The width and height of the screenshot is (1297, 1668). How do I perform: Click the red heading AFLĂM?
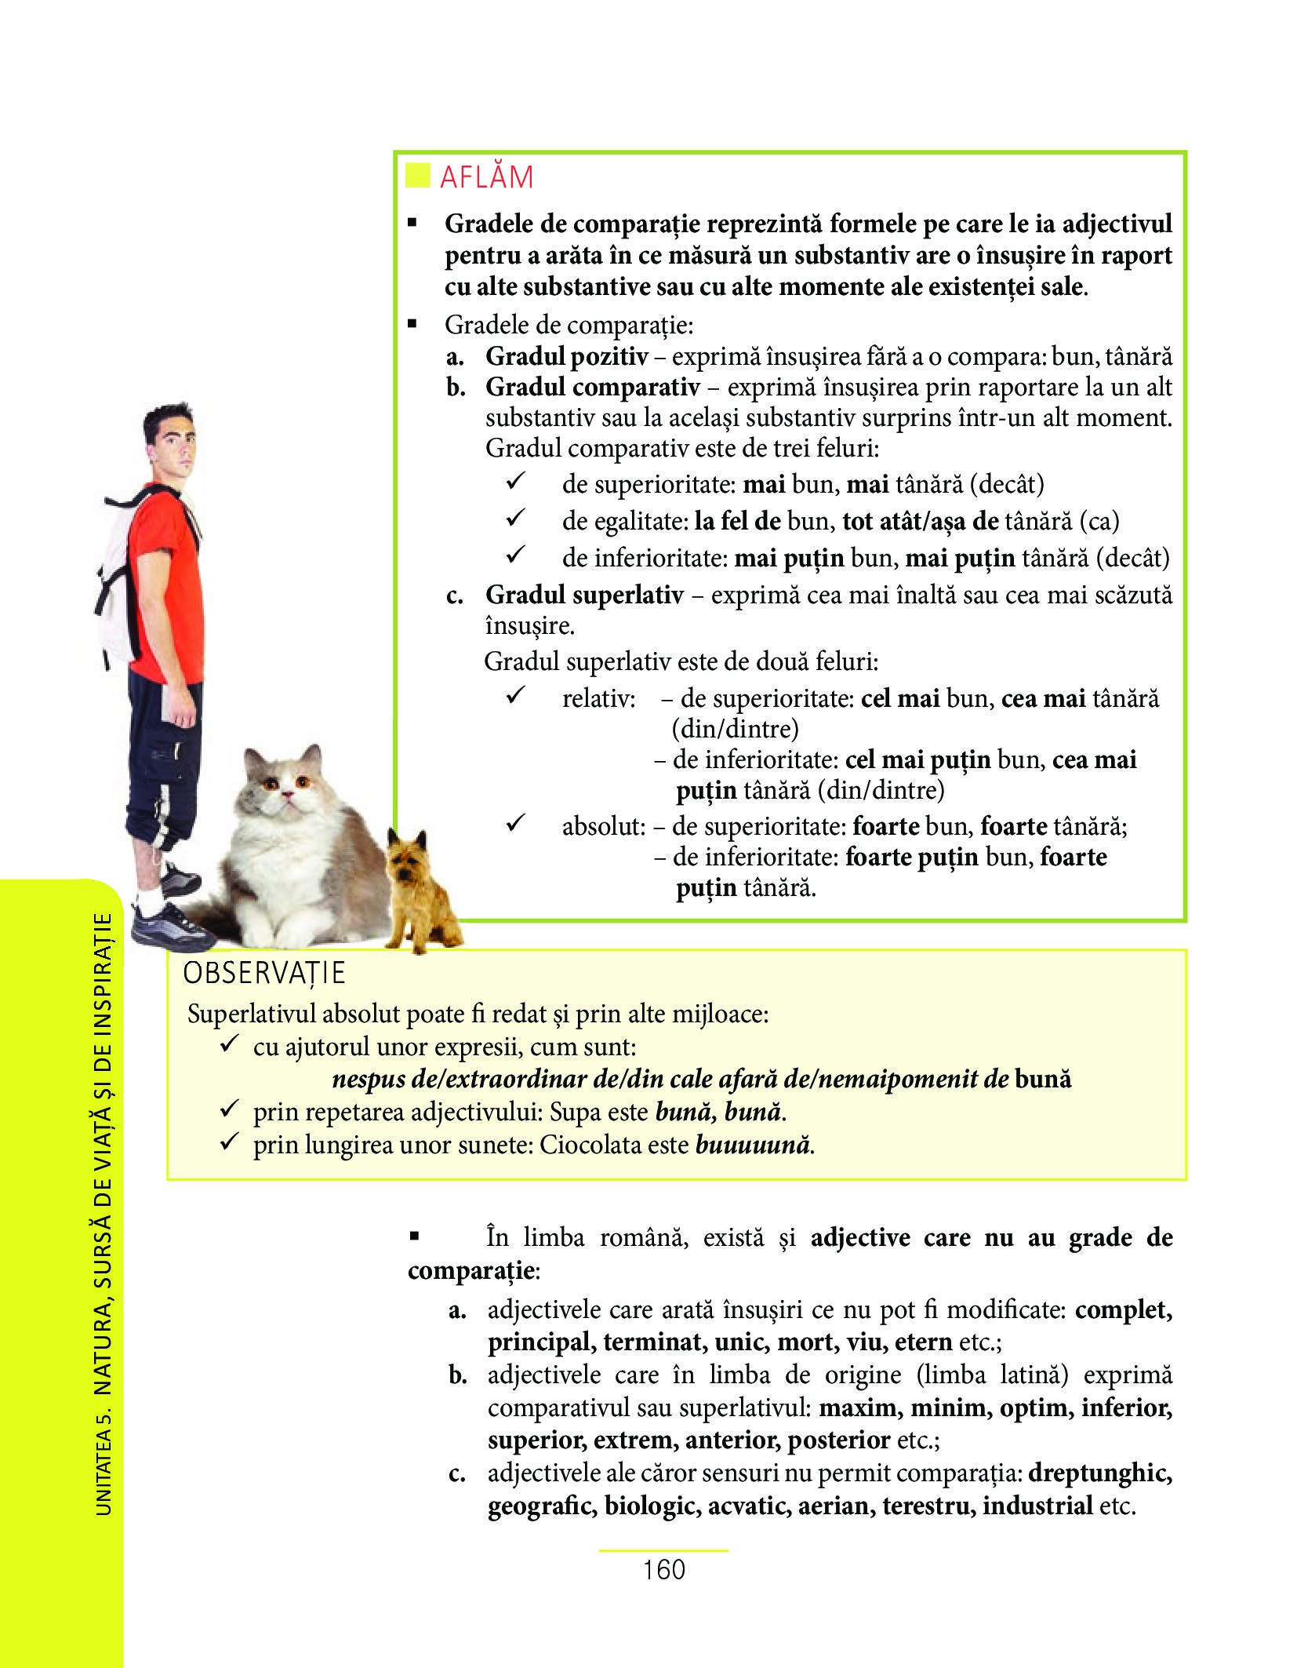point(486,177)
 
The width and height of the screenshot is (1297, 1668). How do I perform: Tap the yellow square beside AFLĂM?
point(417,176)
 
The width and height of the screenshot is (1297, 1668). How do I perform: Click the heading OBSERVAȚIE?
point(263,973)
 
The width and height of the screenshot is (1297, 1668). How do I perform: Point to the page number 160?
point(663,1570)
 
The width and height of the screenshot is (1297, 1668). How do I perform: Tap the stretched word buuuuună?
point(753,1145)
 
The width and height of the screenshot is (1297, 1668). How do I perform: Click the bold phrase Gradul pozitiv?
point(566,357)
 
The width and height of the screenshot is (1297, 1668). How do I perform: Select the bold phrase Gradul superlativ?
point(584,595)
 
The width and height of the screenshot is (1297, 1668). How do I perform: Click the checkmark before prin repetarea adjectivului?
point(229,1110)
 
